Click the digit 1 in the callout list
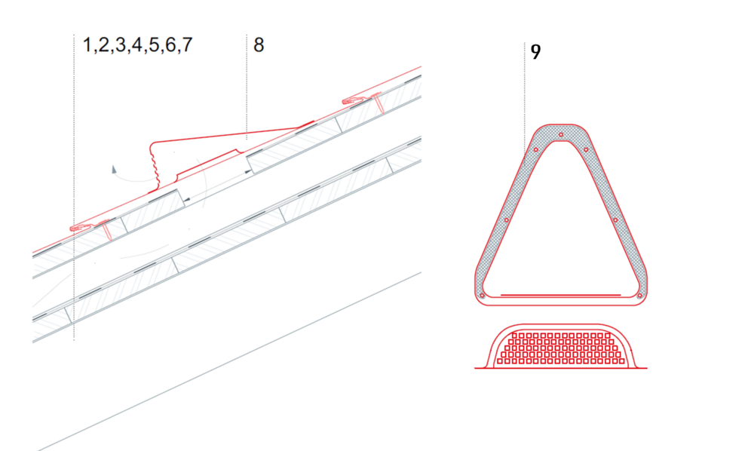(x=87, y=44)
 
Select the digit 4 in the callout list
(x=137, y=44)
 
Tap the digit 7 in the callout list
(x=187, y=44)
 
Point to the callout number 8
(x=259, y=44)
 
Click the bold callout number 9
(x=535, y=52)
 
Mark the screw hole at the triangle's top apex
(x=561, y=135)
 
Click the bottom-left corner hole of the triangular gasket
(x=483, y=296)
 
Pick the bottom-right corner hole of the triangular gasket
(x=639, y=296)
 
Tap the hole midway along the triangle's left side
(x=507, y=220)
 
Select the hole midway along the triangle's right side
(x=615, y=220)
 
